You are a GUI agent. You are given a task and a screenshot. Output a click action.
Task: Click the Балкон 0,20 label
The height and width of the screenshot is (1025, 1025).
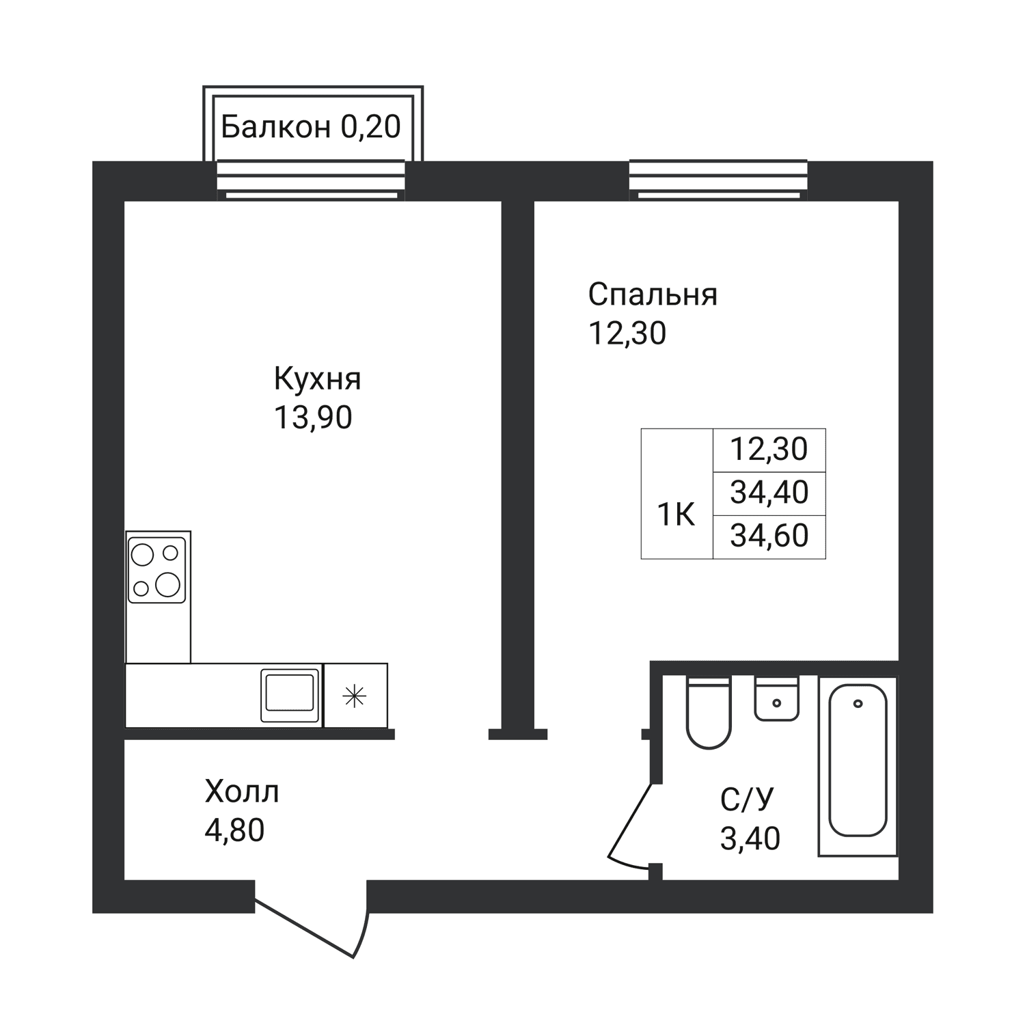pyautogui.click(x=311, y=126)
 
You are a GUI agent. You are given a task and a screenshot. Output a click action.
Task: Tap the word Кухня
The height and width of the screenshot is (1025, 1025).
pyautogui.click(x=318, y=379)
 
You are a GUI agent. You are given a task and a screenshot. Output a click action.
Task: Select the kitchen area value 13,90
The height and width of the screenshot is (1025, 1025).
pyautogui.click(x=313, y=418)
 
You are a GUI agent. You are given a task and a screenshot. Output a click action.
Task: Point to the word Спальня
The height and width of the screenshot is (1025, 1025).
pyautogui.click(x=653, y=295)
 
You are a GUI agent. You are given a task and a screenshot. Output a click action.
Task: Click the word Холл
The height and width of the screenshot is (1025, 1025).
pyautogui.click(x=242, y=792)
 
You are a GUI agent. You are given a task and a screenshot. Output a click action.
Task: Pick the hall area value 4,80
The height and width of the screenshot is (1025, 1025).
pyautogui.click(x=234, y=830)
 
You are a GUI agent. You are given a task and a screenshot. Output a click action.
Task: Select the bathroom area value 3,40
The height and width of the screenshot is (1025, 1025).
pyautogui.click(x=750, y=838)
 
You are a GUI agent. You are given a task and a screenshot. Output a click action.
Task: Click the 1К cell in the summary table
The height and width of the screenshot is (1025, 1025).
pyautogui.click(x=676, y=515)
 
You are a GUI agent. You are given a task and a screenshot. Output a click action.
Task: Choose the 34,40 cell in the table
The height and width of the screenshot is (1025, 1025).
pyautogui.click(x=769, y=493)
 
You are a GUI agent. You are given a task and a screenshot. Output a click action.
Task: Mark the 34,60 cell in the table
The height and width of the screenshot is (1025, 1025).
pyautogui.click(x=769, y=536)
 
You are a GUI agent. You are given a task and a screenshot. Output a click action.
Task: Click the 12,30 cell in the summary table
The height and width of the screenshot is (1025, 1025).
pyautogui.click(x=769, y=450)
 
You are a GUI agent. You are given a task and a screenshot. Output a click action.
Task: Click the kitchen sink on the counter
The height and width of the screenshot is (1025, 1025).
pyautogui.click(x=290, y=695)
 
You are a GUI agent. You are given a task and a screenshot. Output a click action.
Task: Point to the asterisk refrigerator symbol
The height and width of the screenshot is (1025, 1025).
pyautogui.click(x=355, y=696)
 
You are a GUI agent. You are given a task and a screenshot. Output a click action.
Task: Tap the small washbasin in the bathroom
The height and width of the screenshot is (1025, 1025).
pyautogui.click(x=777, y=698)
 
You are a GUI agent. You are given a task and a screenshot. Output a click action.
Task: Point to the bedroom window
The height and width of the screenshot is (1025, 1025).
pyautogui.click(x=718, y=180)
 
